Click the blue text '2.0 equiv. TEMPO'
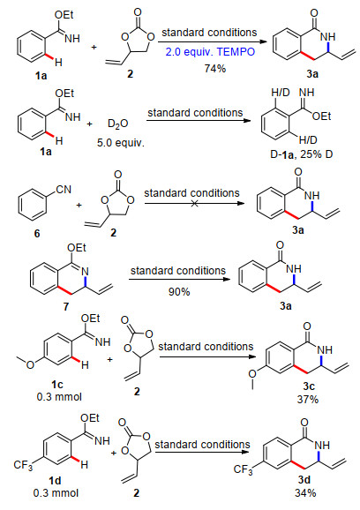pos(210,52)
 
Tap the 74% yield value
pos(215,68)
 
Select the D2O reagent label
pos(117,124)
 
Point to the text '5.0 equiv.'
pos(121,143)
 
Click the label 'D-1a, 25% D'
pos(302,154)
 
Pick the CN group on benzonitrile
pos(64,190)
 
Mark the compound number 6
pos(37,233)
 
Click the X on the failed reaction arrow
pos(194,204)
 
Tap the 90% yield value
pos(179,292)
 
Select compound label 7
pos(66,306)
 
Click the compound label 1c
pos(57,385)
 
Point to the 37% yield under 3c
pos(308,400)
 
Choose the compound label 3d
pos(304,479)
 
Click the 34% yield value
pos(305,493)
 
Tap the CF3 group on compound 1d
pos(23,465)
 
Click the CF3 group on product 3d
pos(243,469)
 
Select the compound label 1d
pos(56,480)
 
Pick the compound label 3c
pos(309,386)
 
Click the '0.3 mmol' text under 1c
pos(59,397)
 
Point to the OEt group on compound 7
pos(77,248)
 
